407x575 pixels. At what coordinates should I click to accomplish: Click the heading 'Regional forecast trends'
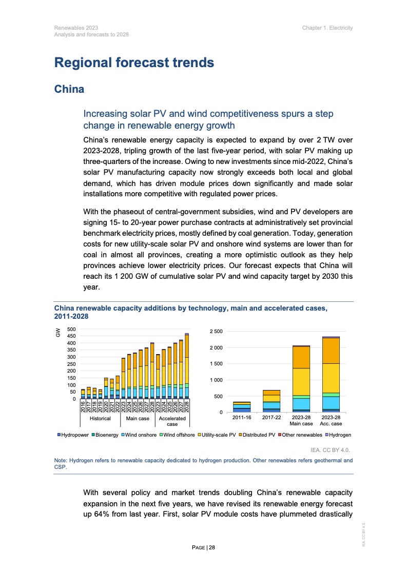133,63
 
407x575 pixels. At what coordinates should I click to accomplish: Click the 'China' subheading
69,89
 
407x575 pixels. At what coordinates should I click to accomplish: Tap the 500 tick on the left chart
71,329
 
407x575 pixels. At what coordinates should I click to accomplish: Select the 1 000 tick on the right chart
216,380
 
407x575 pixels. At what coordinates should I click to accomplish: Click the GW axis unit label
57,333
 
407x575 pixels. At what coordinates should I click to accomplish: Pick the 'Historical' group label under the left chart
100,419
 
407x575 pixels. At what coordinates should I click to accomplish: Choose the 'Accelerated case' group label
172,421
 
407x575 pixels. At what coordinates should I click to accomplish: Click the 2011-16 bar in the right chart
242,407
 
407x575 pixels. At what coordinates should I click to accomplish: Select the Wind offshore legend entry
177,435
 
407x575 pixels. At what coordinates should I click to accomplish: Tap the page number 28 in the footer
211,548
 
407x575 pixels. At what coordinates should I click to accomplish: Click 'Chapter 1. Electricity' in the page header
327,27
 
